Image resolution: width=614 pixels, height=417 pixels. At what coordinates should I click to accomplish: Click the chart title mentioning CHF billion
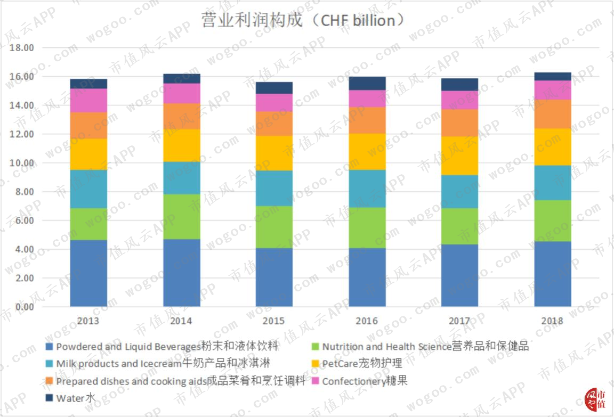(302, 20)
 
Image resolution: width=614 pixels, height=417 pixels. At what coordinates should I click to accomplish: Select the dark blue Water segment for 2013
(88, 84)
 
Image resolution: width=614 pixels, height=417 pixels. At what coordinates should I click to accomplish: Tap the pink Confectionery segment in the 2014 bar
(182, 93)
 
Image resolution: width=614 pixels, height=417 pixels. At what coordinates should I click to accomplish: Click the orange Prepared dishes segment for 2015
(274, 123)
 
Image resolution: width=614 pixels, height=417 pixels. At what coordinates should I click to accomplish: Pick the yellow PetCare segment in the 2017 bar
(460, 156)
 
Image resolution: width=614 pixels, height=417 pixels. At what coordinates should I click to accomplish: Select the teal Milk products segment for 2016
(367, 189)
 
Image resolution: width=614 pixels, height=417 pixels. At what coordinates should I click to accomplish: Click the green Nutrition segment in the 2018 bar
(553, 220)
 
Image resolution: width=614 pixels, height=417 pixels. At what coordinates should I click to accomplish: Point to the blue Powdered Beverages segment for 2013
(88, 273)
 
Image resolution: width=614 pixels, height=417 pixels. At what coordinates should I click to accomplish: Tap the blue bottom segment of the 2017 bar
(460, 275)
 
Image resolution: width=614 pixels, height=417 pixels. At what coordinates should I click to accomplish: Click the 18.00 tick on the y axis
(22, 48)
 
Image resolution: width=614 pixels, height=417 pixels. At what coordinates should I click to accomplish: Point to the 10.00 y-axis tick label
(22, 163)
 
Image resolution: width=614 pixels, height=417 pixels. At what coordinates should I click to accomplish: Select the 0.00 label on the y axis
(25, 307)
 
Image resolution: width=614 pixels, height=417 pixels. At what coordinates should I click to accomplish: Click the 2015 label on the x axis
(274, 321)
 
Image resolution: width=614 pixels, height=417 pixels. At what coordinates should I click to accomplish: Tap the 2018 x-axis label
(552, 321)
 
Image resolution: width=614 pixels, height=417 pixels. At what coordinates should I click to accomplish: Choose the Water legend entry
(70, 398)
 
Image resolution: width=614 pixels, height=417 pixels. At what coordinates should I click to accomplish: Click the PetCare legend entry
(357, 363)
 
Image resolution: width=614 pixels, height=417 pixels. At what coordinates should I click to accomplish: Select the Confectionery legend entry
(359, 381)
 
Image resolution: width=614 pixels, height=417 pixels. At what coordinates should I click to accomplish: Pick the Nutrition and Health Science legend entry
(420, 346)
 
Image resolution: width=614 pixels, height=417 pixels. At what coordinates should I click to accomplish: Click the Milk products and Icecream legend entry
(158, 363)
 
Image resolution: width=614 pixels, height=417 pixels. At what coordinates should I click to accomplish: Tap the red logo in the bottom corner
(595, 399)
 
